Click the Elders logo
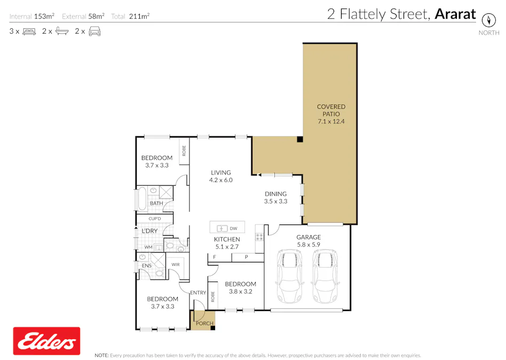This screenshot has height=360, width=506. pyautogui.click(x=46, y=341)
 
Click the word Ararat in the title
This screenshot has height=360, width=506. pyautogui.click(x=455, y=14)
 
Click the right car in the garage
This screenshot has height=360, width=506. pyautogui.click(x=324, y=276)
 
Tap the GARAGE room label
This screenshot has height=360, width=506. pyautogui.click(x=309, y=237)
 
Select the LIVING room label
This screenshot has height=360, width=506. pyautogui.click(x=220, y=172)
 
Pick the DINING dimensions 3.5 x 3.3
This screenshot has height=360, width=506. pyautogui.click(x=275, y=202)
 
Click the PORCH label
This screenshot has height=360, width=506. pyautogui.click(x=204, y=323)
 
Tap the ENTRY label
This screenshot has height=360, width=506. pyautogui.click(x=198, y=292)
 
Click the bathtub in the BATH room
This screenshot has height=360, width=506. pyautogui.click(x=143, y=199)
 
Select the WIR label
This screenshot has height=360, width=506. pyautogui.click(x=176, y=265)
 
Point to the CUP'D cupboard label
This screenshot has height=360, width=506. pyautogui.click(x=155, y=219)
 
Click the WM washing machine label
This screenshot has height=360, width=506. pyautogui.click(x=148, y=247)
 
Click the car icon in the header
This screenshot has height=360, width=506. pyautogui.click(x=95, y=31)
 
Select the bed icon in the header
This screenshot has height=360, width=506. pyautogui.click(x=29, y=31)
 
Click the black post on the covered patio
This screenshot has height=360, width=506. pyautogui.click(x=301, y=140)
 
